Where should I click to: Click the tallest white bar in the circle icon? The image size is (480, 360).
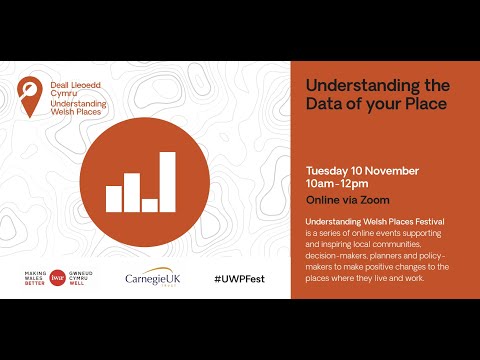pos(167,182)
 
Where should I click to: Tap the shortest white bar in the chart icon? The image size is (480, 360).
pos(150,205)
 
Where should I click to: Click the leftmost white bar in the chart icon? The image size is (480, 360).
pos(113,198)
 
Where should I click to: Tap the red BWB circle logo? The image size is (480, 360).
pos(58,275)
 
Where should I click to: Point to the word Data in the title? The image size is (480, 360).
pos(324,103)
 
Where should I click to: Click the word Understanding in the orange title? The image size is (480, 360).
pos(349,84)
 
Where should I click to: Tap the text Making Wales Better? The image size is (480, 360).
pos(35,275)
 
